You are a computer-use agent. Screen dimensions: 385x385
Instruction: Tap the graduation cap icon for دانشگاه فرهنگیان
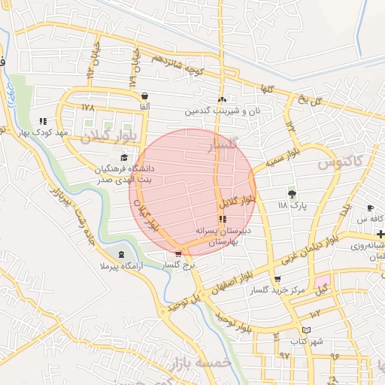click(x=123, y=157)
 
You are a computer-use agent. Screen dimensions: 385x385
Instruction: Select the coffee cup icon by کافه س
click(x=370, y=208)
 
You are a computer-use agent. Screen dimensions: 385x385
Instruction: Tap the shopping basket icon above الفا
click(x=144, y=96)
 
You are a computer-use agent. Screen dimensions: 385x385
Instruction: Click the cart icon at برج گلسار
click(x=177, y=254)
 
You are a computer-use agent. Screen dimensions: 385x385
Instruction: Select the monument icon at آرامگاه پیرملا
click(x=122, y=256)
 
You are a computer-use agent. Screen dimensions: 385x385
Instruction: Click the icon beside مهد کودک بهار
click(x=44, y=120)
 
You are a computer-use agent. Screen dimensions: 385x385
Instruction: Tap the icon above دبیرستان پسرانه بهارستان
click(x=222, y=219)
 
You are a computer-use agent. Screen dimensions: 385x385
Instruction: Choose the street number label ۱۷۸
click(x=89, y=108)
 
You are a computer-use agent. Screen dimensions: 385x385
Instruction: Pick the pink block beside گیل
click(x=322, y=279)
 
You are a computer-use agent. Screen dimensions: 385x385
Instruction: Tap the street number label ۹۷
click(x=284, y=354)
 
